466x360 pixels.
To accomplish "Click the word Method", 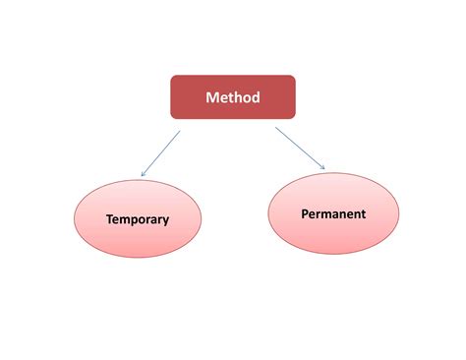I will (x=232, y=96).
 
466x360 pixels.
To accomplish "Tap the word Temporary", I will (x=138, y=219).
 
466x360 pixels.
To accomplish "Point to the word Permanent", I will (x=333, y=213).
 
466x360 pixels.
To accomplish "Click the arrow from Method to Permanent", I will (x=300, y=148).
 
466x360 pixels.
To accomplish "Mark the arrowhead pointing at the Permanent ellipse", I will (x=322, y=166).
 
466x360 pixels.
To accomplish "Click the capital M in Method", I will (x=212, y=96).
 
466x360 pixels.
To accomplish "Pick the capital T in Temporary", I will (x=109, y=219).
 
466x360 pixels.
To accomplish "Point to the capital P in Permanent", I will (x=304, y=213).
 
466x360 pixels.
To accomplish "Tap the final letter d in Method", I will (x=256, y=96).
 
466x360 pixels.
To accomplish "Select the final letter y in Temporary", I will (x=165, y=221).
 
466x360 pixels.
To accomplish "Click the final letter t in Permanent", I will (x=364, y=213).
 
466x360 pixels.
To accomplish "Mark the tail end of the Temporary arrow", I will (x=180, y=130).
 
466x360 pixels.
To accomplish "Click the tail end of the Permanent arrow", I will (x=276, y=128).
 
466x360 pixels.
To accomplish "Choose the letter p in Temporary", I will (x=133, y=221).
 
